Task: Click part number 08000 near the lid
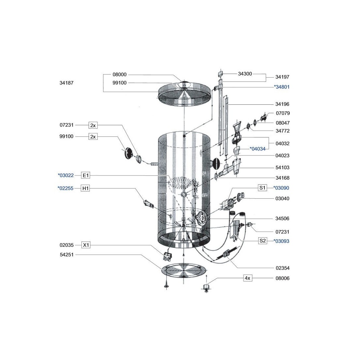pos(119,75)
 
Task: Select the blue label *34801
pos(281,87)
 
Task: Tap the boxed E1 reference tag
pos(86,175)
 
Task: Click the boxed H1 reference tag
pos(86,189)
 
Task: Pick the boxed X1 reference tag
pos(86,245)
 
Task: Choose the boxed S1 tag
pos(262,188)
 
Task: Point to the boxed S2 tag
pos(263,241)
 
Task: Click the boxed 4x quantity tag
pos(247,278)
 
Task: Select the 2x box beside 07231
pos(93,125)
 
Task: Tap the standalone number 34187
pos(66,83)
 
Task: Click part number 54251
pos(66,255)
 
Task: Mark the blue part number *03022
pos(66,175)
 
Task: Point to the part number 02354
pos(283,268)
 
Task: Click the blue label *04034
pos(258,149)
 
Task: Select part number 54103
pos(282,168)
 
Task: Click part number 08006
pos(282,278)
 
